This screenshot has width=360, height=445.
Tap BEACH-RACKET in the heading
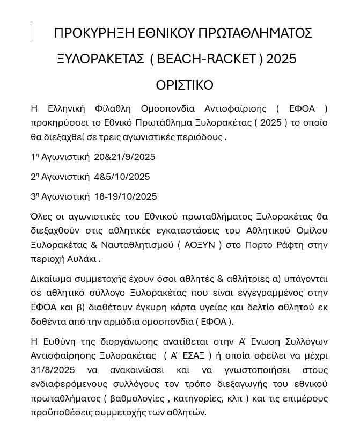point(206,59)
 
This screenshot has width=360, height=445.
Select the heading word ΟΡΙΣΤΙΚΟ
point(185,85)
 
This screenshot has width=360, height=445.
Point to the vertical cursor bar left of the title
point(31,33)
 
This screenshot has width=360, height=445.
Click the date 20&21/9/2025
point(124,157)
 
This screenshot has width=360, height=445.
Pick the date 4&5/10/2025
point(122,177)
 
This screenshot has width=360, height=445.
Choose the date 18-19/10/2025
point(126,196)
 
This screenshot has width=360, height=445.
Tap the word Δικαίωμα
point(53,279)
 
